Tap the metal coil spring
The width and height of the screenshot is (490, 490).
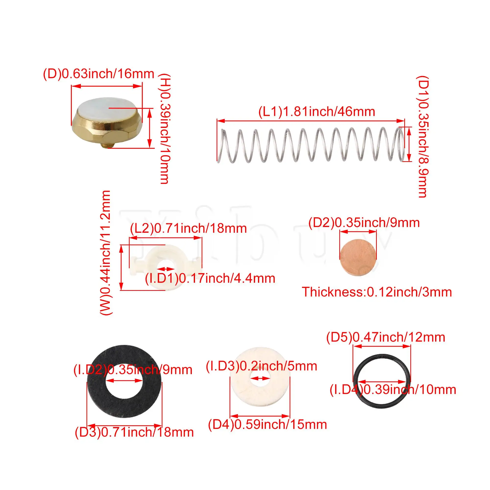tap(311, 145)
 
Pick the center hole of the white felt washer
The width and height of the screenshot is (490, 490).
tap(260, 378)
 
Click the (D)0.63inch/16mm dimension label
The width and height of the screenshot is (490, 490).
tap(99, 74)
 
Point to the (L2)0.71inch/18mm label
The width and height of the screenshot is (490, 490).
tap(188, 229)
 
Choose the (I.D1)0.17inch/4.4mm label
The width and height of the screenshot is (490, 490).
tap(210, 279)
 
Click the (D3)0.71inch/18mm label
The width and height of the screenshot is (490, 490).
tap(134, 432)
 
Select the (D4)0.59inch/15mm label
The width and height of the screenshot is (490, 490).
tap(267, 425)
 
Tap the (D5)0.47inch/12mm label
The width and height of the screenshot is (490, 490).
tap(385, 337)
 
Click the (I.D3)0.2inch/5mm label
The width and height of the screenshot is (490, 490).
tap(261, 366)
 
